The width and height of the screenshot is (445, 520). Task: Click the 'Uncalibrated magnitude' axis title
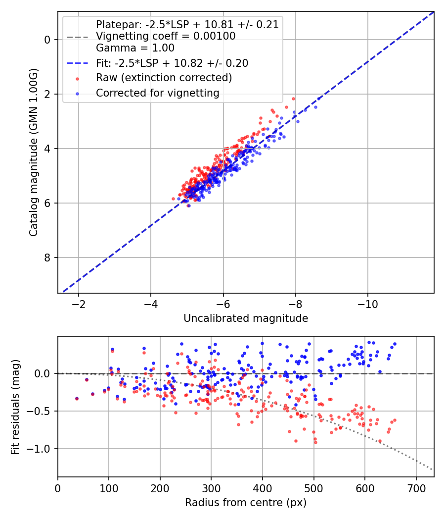(x=246, y=318)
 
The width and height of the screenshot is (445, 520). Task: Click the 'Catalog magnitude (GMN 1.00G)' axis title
(x=33, y=153)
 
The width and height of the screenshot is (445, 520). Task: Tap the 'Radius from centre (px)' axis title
(x=246, y=503)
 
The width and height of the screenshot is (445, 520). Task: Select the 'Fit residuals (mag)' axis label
(x=15, y=407)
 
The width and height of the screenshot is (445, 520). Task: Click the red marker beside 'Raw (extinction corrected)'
(x=78, y=79)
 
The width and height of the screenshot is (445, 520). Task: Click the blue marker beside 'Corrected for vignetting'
(x=78, y=94)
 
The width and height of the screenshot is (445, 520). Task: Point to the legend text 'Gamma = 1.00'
(x=135, y=48)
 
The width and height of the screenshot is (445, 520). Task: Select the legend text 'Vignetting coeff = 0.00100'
(x=166, y=36)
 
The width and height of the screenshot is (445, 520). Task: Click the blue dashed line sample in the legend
(x=78, y=63)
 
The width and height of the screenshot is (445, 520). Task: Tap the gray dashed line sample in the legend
(x=78, y=37)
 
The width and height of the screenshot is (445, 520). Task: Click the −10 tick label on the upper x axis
(x=367, y=304)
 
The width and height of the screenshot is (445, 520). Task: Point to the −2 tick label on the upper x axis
(x=79, y=304)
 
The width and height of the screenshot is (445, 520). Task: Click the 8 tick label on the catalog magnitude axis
(x=47, y=258)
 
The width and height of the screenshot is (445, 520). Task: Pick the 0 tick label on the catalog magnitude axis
(x=47, y=40)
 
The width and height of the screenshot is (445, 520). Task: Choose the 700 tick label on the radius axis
(x=416, y=488)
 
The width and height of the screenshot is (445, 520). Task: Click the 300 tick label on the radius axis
(x=211, y=488)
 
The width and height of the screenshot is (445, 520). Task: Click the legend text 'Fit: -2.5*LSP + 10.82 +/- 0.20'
(x=172, y=63)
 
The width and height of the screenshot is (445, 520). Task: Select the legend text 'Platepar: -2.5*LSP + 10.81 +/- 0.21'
(x=187, y=25)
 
